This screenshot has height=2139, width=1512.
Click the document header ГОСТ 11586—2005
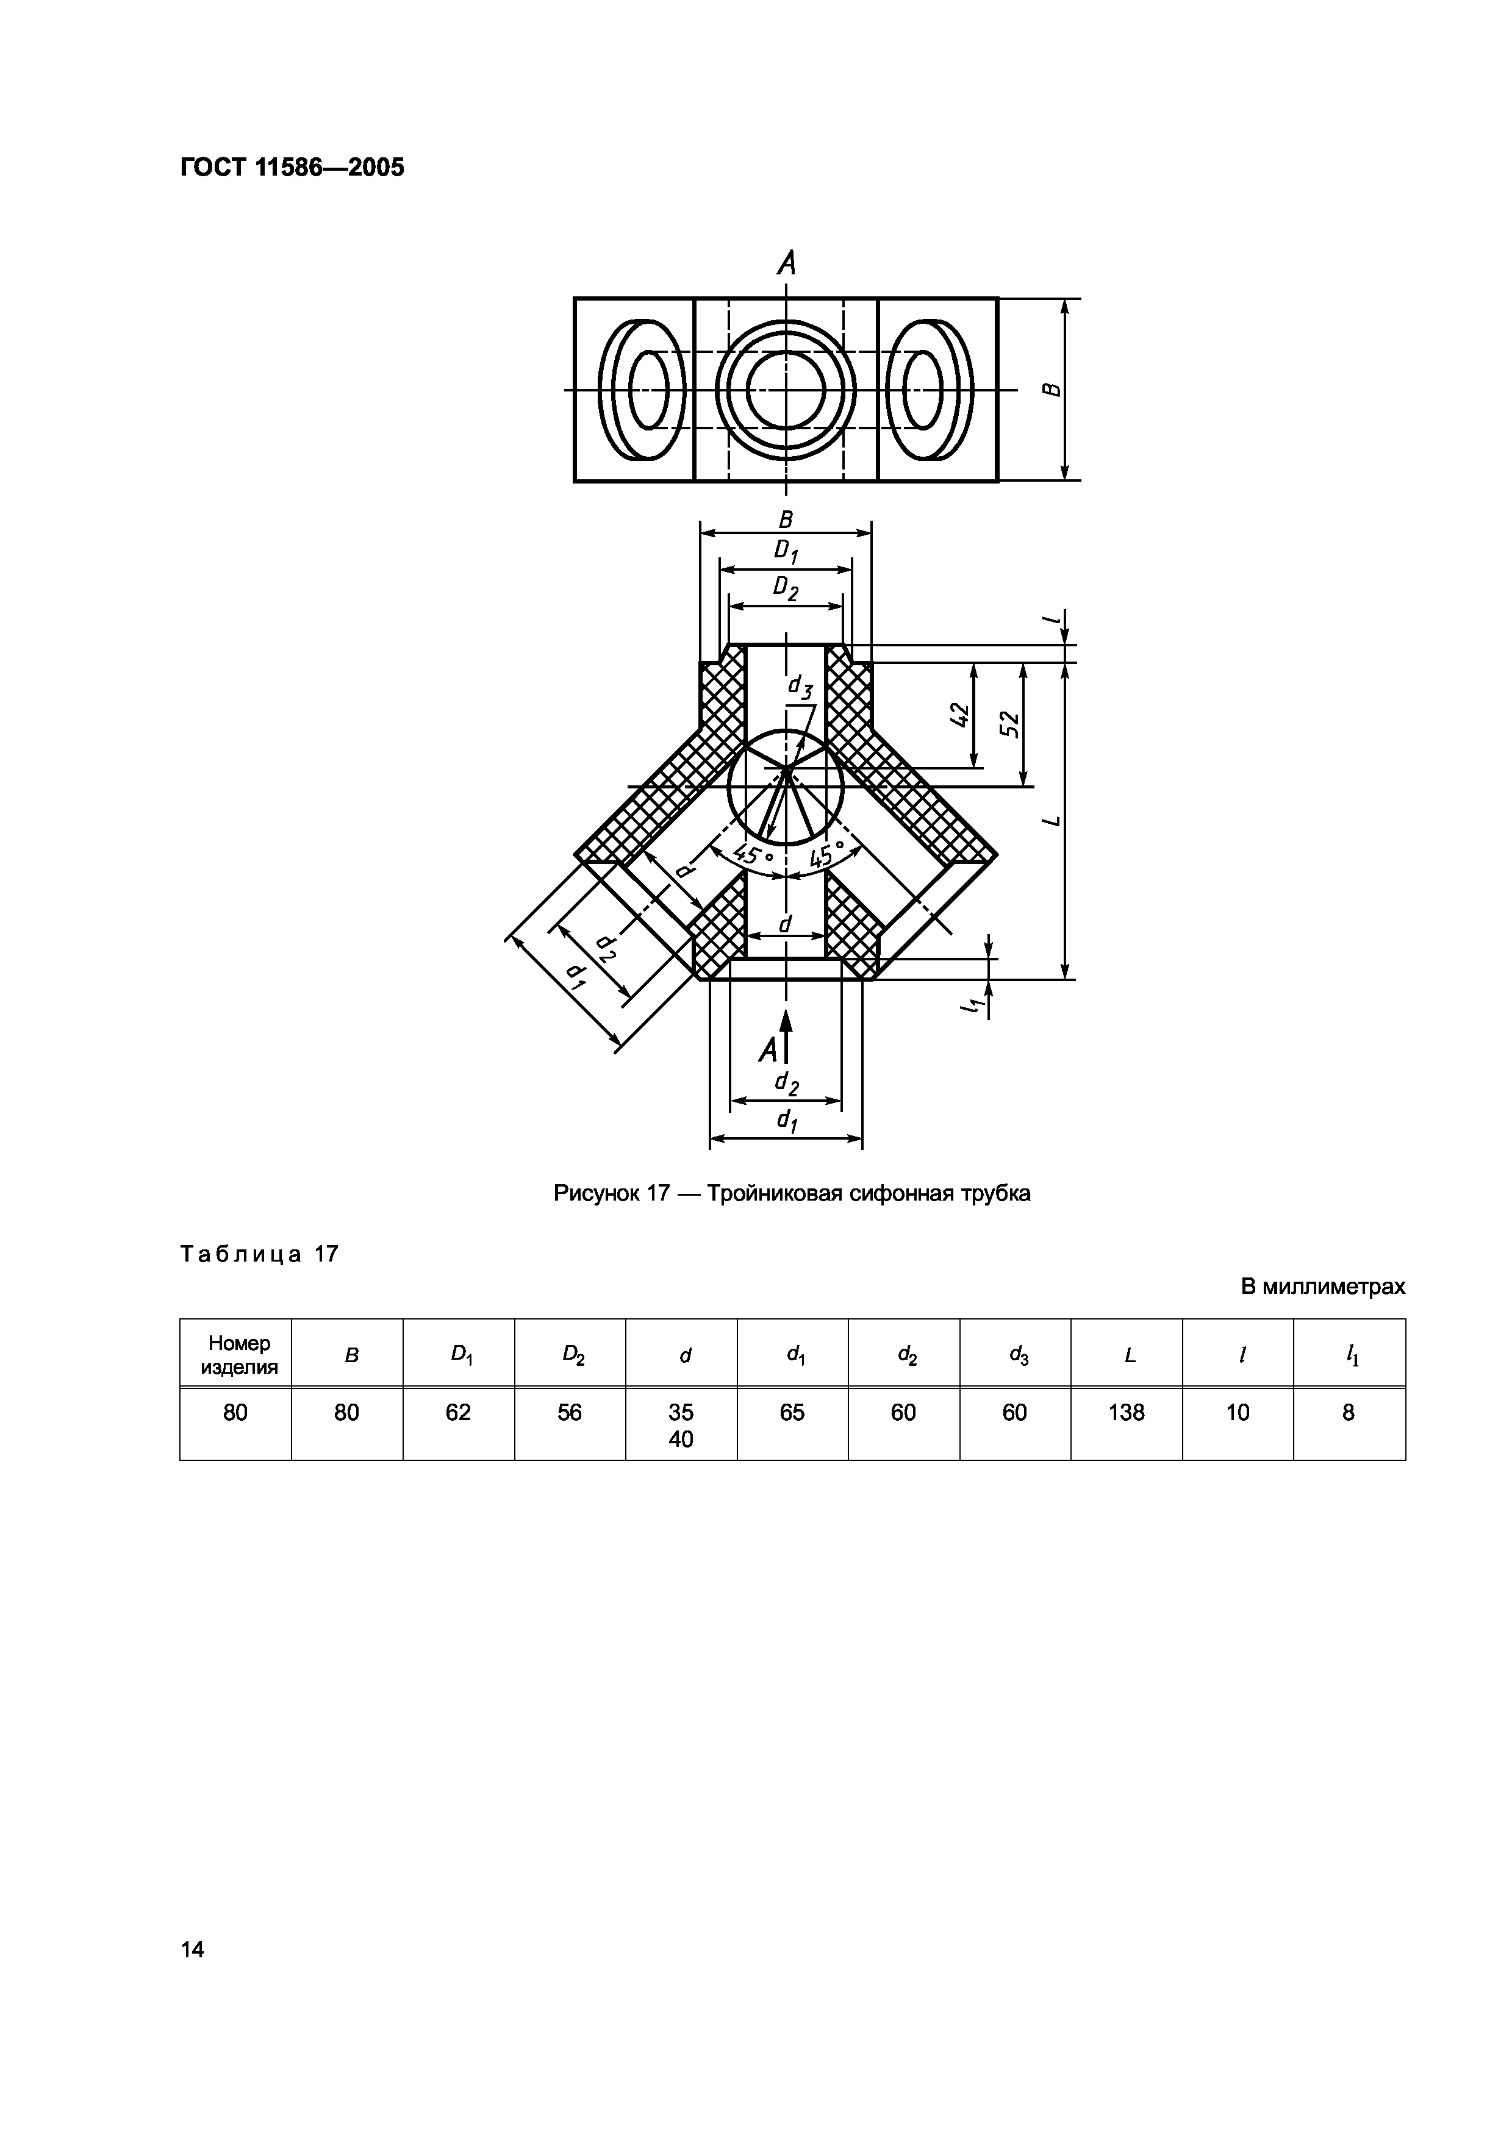point(292,168)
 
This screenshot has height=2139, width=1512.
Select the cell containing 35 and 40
point(681,1426)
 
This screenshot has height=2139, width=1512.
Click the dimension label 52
point(1011,724)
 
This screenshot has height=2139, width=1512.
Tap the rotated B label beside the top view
point(1051,390)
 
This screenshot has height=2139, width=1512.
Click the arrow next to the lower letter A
point(786,1034)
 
